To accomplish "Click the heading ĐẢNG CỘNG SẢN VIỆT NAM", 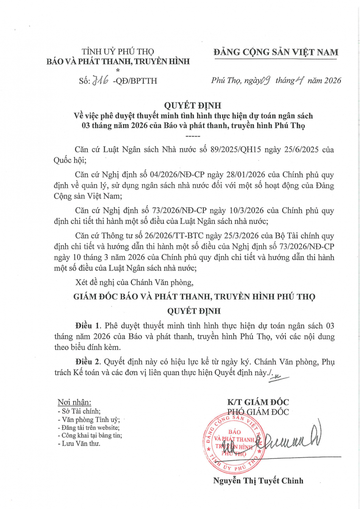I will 276,52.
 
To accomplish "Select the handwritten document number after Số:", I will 99,80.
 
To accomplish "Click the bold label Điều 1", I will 88,326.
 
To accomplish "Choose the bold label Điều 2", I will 88,363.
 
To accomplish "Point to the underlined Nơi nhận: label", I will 74,402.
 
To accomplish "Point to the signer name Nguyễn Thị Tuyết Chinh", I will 258,481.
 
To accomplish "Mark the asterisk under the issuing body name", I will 118,70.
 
